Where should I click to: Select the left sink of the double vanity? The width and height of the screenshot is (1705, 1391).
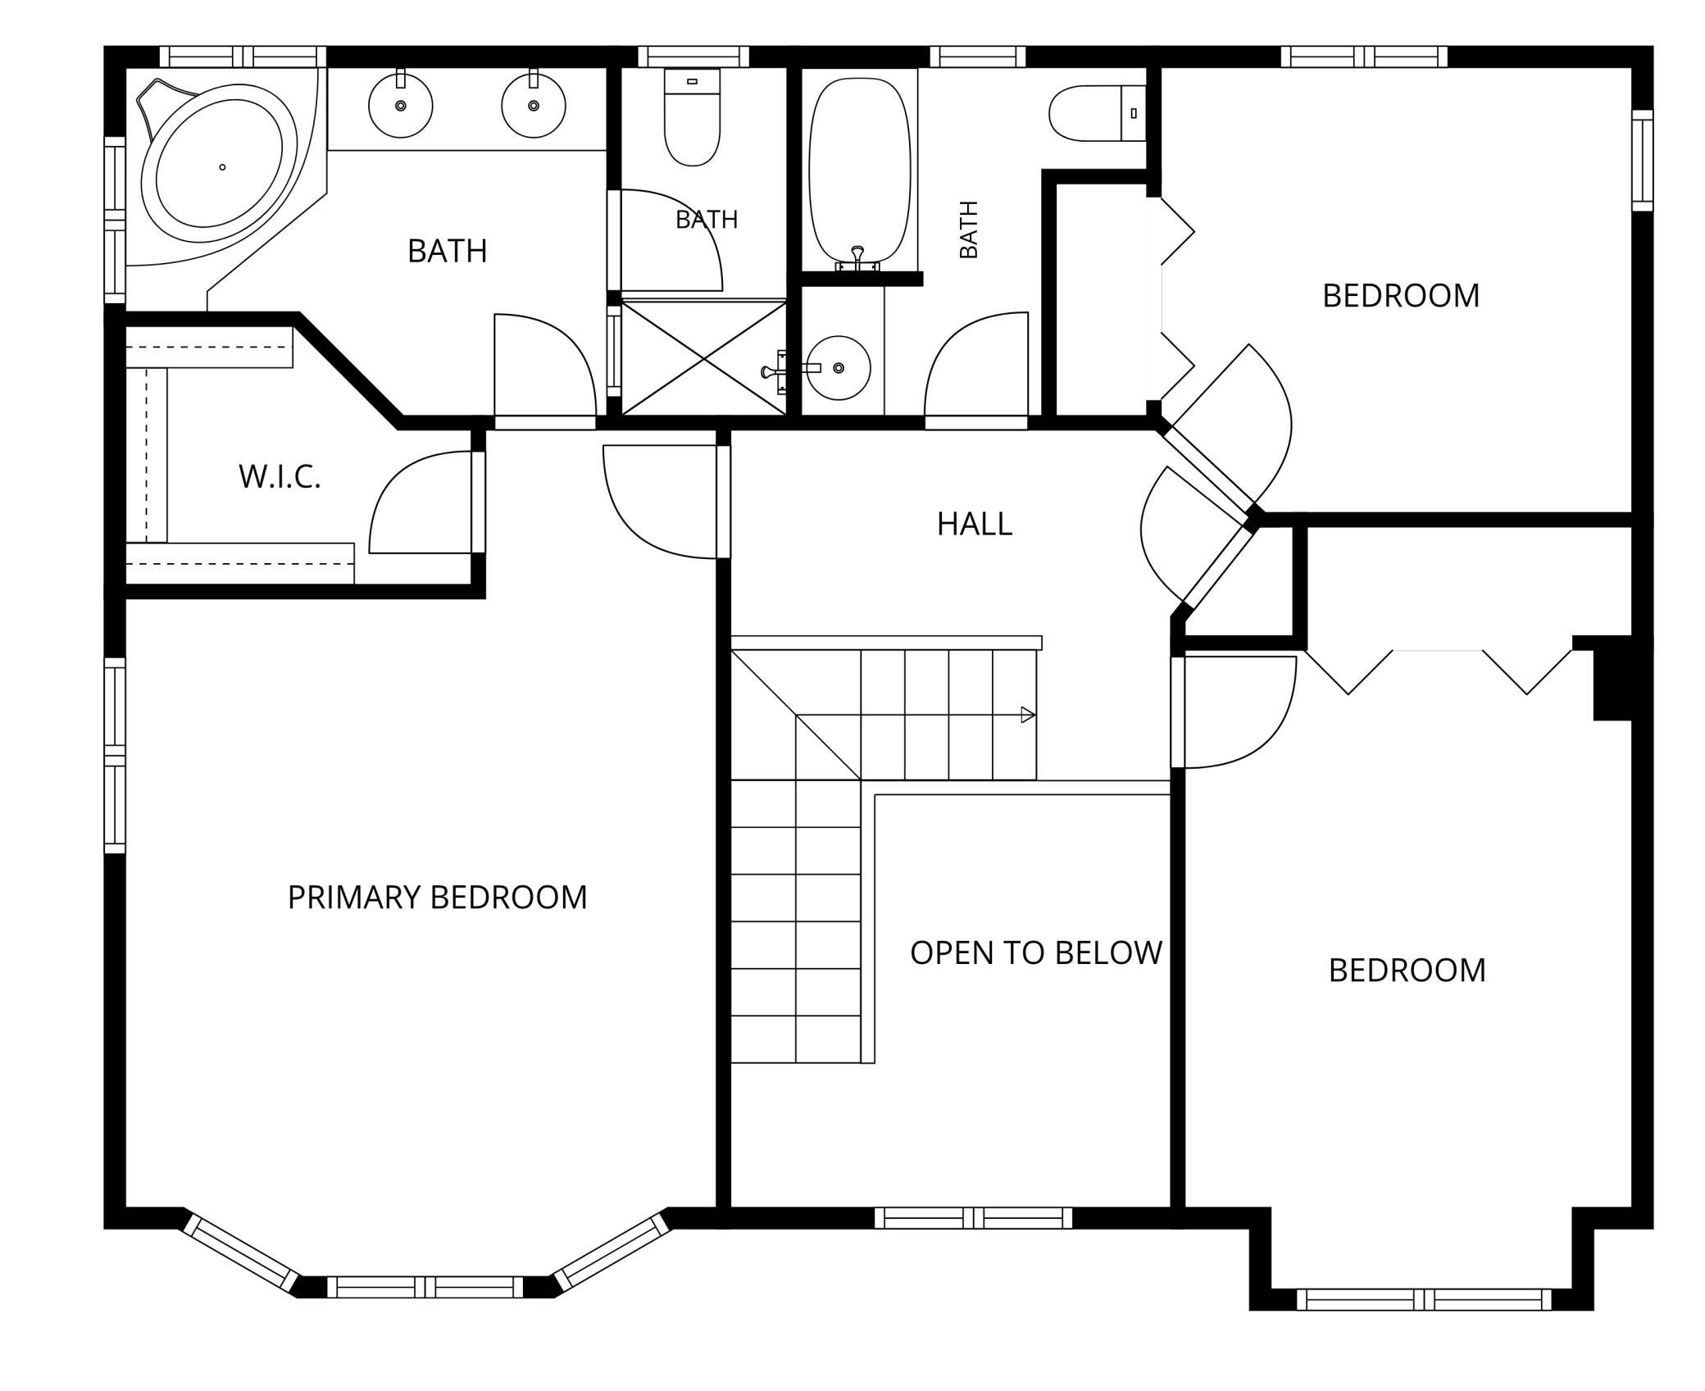click(x=401, y=106)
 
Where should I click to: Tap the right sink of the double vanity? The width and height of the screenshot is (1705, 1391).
click(x=534, y=106)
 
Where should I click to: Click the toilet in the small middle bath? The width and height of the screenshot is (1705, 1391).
click(x=693, y=116)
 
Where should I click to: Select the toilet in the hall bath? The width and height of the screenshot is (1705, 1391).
click(x=1097, y=113)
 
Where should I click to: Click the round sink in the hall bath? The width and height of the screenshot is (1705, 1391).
click(x=838, y=368)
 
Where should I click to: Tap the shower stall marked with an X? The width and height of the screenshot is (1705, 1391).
click(x=704, y=358)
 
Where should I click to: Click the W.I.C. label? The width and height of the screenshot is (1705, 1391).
click(x=280, y=476)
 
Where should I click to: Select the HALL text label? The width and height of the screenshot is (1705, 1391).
click(x=975, y=524)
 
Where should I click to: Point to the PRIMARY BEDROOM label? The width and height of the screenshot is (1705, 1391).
click(x=438, y=897)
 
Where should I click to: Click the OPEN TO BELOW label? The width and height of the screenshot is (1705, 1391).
click(x=1036, y=952)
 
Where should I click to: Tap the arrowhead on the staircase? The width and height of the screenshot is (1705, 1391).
click(x=1028, y=715)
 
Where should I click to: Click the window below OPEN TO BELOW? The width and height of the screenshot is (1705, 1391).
click(x=973, y=1218)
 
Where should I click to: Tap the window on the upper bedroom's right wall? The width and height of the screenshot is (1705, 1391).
click(x=1642, y=161)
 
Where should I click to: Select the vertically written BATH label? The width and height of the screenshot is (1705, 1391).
click(x=968, y=230)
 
